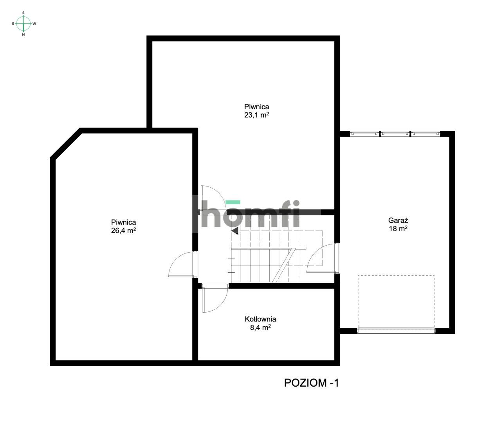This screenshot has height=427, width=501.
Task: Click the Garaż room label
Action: tap(398, 221)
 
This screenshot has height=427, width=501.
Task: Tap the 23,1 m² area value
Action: tap(256, 115)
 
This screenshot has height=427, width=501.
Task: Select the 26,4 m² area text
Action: tap(123, 230)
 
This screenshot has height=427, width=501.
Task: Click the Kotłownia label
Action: tap(260, 319)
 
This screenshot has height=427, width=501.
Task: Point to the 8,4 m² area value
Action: tap(260, 327)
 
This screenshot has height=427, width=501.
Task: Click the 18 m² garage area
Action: tap(398, 228)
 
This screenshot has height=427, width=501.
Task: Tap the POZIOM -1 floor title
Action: tap(312, 383)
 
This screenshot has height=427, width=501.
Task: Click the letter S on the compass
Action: tap(23, 13)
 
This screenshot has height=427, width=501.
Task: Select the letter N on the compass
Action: tap(23, 34)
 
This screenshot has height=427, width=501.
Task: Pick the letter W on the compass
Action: tap(34, 24)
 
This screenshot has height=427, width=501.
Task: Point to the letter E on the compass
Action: tap(13, 24)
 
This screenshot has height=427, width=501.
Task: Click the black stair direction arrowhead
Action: tap(235, 231)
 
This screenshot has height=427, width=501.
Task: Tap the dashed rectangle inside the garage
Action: tap(396, 302)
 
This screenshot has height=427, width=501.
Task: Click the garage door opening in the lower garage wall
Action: tap(396, 331)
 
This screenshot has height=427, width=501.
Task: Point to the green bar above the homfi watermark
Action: tap(233, 202)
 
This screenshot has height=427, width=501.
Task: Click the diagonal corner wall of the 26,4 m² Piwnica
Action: tap(65, 143)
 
